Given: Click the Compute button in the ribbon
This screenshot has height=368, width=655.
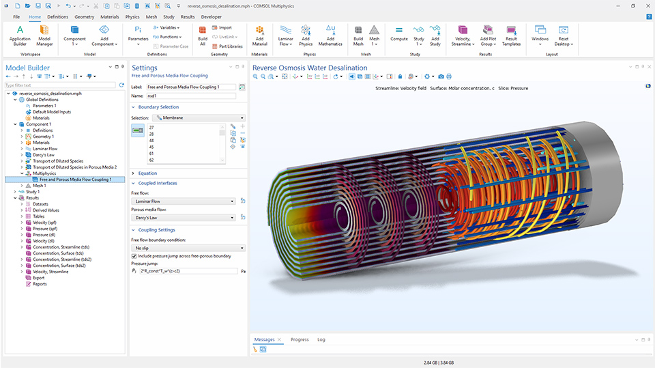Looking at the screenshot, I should click(x=399, y=34).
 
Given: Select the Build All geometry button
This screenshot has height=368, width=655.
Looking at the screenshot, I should click(x=203, y=34).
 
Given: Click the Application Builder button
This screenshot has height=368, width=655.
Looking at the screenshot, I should click(x=20, y=34).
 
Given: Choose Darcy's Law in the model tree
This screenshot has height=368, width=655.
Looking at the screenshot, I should click(x=44, y=155).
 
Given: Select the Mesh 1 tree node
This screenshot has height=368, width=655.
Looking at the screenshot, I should click(x=40, y=186).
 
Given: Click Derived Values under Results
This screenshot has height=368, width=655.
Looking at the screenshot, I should click(x=46, y=210).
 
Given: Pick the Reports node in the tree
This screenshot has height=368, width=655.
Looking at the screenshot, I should click(x=40, y=284).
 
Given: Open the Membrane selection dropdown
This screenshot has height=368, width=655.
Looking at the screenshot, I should click(x=195, y=118).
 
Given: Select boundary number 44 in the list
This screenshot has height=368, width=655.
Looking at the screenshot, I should click(x=151, y=140).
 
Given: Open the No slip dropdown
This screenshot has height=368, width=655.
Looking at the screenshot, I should click(x=188, y=248).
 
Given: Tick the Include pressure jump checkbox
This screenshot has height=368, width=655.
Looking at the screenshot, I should click(x=134, y=256).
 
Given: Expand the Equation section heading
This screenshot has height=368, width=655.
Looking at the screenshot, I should click(x=147, y=173).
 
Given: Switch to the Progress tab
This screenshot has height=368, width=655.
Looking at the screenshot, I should click(x=300, y=339).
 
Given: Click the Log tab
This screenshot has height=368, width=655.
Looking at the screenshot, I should click(x=321, y=339).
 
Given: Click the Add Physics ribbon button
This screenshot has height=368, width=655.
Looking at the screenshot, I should click(x=306, y=34).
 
